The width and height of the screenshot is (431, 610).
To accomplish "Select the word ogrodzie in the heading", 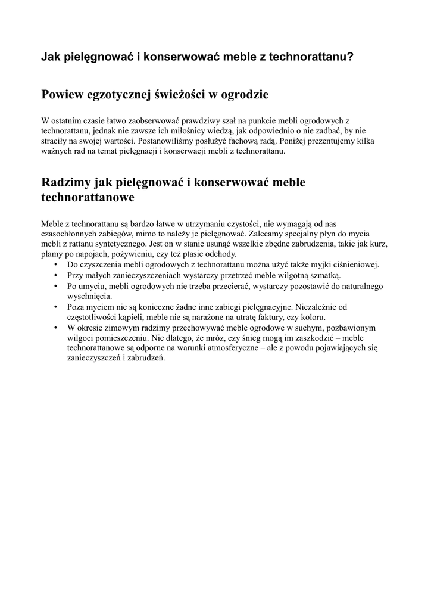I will [244, 94].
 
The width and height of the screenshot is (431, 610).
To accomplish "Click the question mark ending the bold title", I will [351, 57].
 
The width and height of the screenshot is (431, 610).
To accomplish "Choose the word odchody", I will [219, 254].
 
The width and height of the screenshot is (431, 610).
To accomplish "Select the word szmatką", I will [324, 275].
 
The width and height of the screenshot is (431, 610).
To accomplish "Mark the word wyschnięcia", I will [89, 296].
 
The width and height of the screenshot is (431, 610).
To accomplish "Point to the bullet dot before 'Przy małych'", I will [56, 275].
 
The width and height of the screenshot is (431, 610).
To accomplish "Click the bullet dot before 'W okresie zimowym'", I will [56, 327].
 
